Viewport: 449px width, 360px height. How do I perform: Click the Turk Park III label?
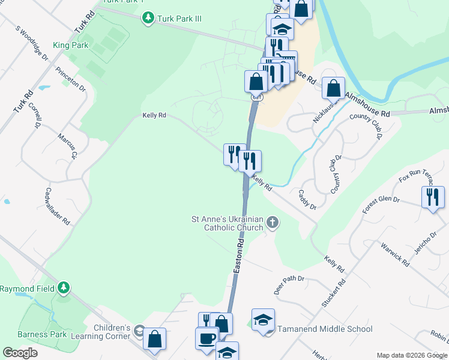pyautogui.click(x=179, y=19)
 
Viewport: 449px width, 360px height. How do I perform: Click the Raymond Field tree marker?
pyautogui.click(x=63, y=289)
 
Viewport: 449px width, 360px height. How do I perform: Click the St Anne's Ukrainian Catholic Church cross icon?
pyautogui.click(x=273, y=224)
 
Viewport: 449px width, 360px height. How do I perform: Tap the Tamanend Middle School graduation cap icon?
pyautogui.click(x=263, y=320)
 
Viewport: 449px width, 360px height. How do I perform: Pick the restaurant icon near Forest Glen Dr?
pyautogui.click(x=433, y=197)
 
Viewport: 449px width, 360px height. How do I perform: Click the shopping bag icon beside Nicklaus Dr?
pyautogui.click(x=333, y=88)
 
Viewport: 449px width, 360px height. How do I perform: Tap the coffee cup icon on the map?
pyautogui.click(x=207, y=337)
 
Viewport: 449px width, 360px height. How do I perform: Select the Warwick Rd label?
pyautogui.click(x=395, y=254)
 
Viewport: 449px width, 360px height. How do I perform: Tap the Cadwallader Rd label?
pyautogui.click(x=58, y=206)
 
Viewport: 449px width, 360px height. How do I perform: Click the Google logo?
pyautogui.click(x=20, y=352)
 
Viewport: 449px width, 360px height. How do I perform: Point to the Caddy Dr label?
pyautogui.click(x=307, y=199)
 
